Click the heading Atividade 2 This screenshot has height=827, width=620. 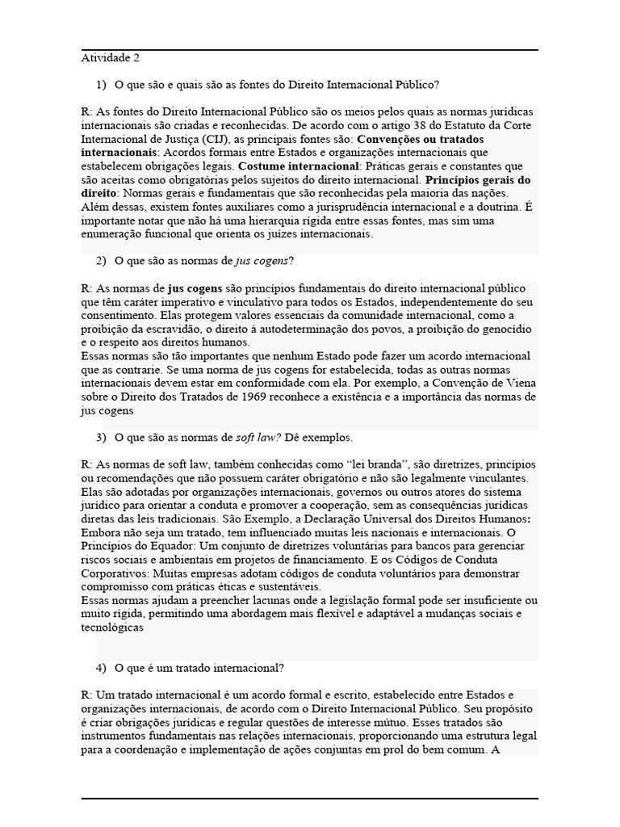point(110,58)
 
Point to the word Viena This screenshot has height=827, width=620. point(513,383)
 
